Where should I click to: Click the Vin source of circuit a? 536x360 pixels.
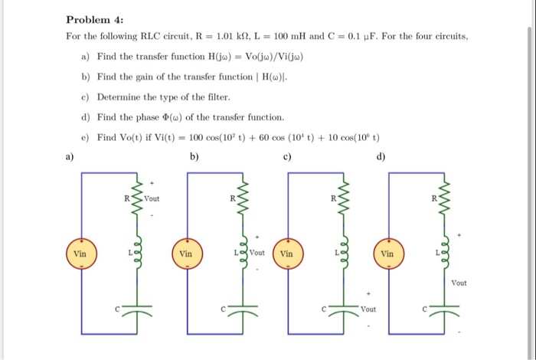click(x=80, y=253)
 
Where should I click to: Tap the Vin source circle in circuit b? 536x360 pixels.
click(x=186, y=253)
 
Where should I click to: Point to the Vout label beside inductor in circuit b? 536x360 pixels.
click(x=257, y=252)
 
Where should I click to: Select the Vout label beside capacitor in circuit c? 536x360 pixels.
click(x=371, y=310)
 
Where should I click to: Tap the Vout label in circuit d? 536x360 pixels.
click(x=459, y=283)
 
